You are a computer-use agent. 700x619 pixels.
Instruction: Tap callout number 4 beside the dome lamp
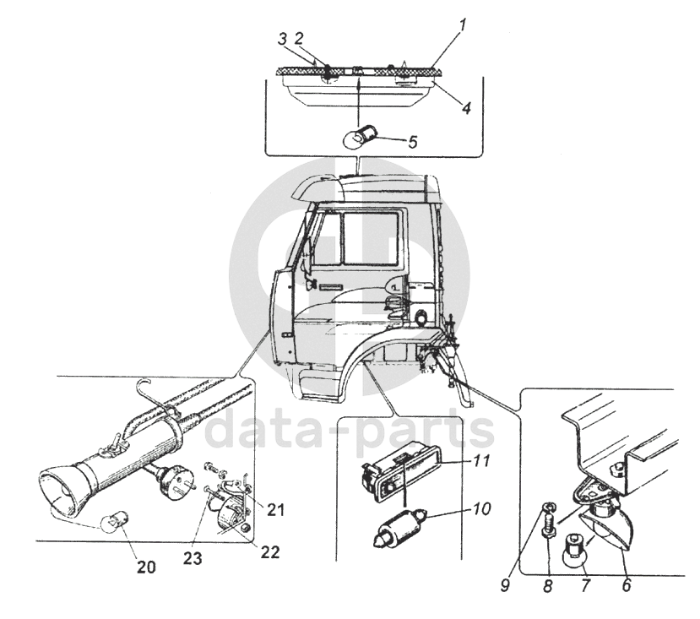(466, 107)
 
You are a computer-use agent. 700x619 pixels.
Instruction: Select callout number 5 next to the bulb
(412, 142)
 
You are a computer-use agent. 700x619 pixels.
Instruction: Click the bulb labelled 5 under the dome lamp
(358, 136)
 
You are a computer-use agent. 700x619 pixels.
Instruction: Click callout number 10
(482, 508)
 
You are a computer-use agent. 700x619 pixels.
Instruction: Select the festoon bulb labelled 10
(400, 529)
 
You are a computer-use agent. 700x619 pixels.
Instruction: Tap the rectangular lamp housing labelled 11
(400, 477)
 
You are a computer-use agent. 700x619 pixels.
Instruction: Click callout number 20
(146, 567)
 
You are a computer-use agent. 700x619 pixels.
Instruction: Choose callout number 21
(274, 509)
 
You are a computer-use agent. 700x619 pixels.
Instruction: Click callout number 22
(270, 552)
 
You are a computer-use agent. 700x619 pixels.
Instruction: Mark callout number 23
(193, 558)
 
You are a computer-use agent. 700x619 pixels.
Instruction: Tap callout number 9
(505, 585)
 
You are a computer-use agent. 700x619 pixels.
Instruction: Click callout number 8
(548, 585)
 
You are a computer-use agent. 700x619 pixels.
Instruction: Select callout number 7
(585, 585)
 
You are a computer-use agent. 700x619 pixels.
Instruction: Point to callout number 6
(627, 585)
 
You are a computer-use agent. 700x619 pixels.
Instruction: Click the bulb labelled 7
(574, 549)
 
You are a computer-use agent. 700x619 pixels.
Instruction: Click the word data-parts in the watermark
(350, 430)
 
